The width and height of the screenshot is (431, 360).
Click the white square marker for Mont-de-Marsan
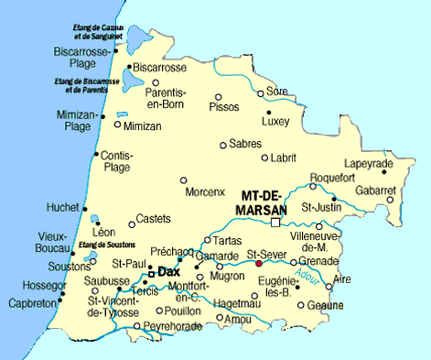tap(275, 222)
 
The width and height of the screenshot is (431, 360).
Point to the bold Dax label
tap(168, 272)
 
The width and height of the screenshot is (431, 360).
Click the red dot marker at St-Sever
tap(260, 263)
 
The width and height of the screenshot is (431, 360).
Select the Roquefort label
tap(331, 178)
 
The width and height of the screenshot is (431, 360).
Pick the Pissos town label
tap(224, 107)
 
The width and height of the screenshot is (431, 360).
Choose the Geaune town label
tap(326, 306)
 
